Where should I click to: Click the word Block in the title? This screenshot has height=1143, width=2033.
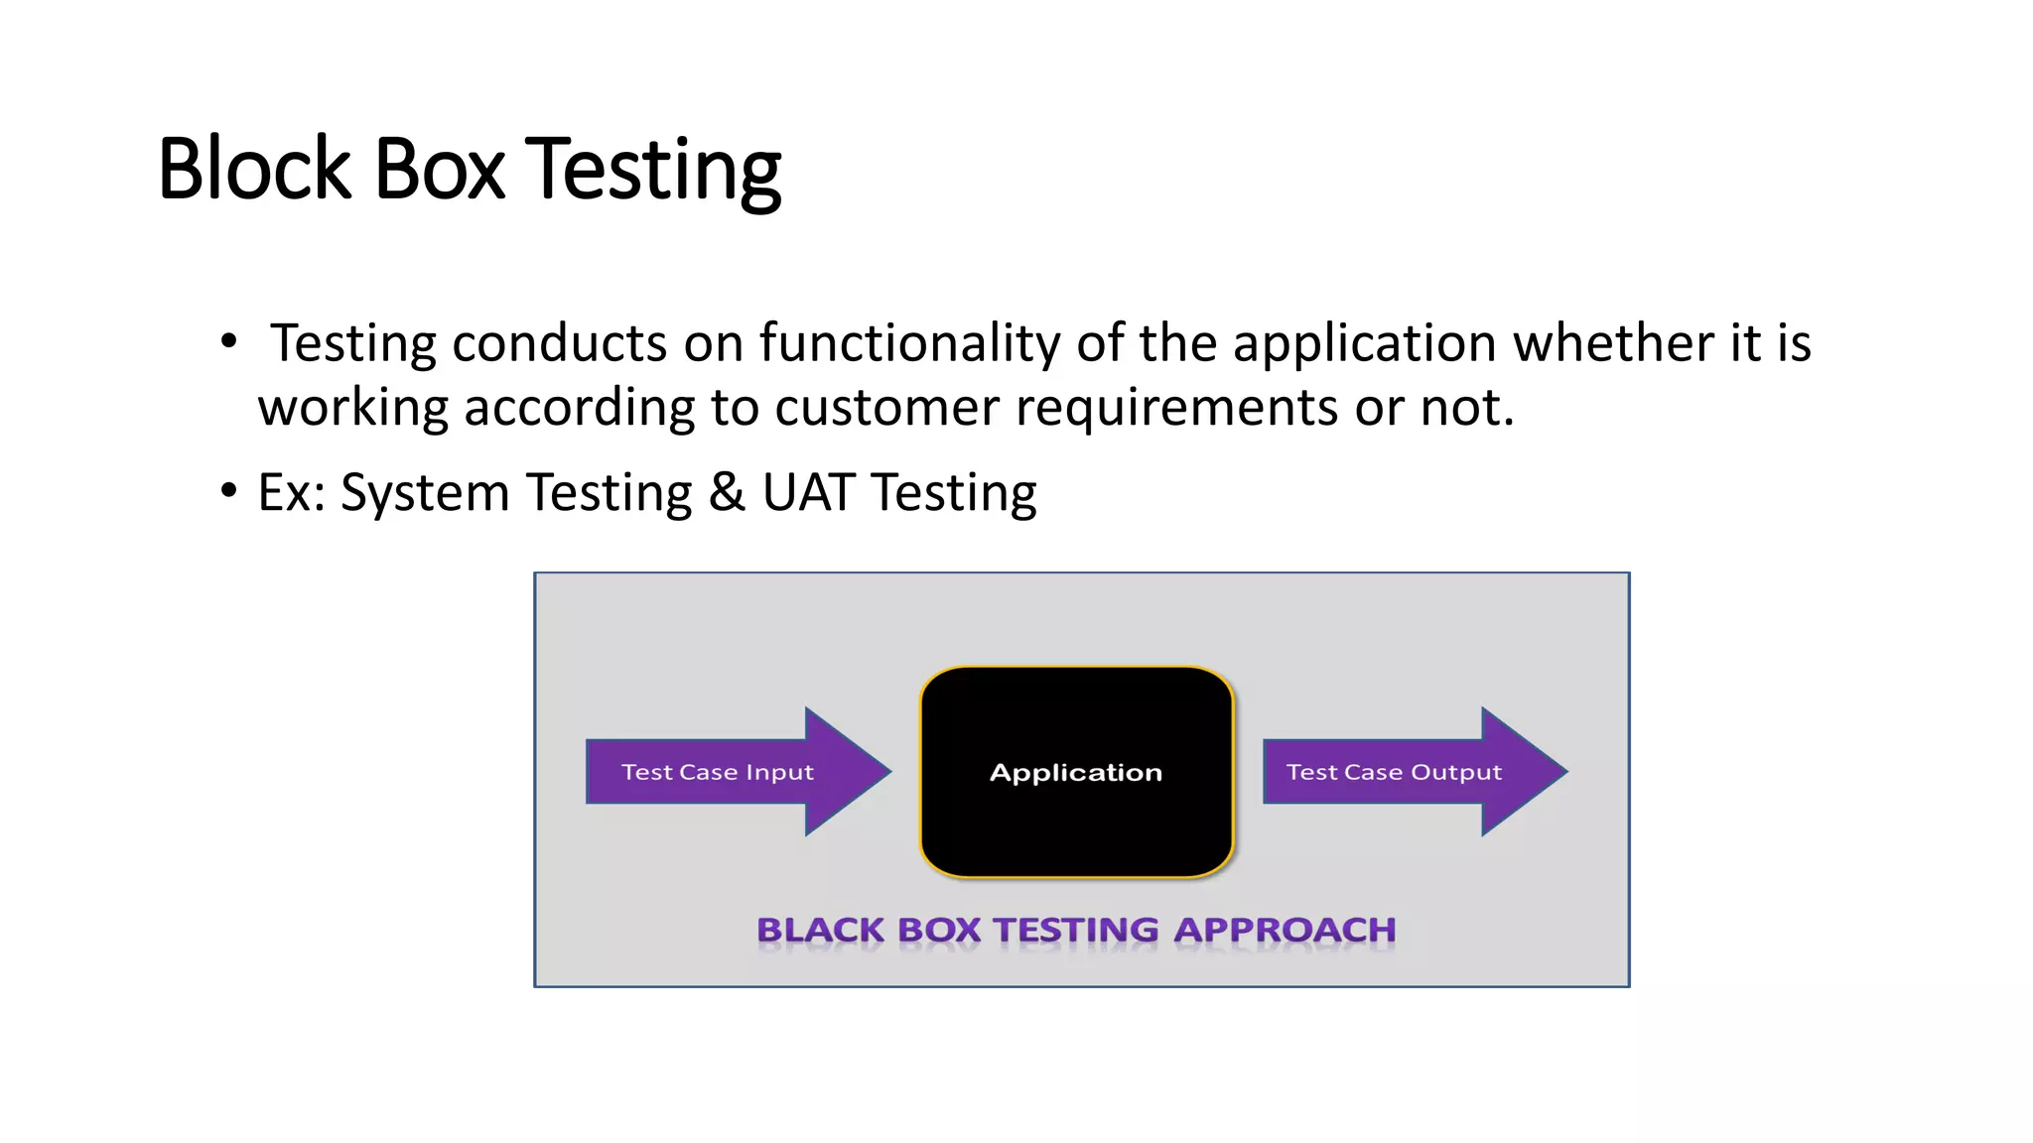click(254, 169)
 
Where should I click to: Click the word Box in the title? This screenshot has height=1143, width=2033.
click(439, 169)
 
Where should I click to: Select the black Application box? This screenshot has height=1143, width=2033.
click(1076, 772)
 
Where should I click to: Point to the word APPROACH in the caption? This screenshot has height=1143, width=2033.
click(1285, 930)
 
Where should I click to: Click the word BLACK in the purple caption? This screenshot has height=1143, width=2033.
click(820, 930)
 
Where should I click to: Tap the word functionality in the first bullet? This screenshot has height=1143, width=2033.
click(909, 343)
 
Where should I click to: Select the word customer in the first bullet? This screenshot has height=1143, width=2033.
click(886, 408)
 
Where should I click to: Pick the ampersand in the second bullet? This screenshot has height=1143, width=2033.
click(727, 492)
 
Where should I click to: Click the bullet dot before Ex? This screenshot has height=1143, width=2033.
click(229, 490)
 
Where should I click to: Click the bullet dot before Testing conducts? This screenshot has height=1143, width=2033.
click(229, 341)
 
